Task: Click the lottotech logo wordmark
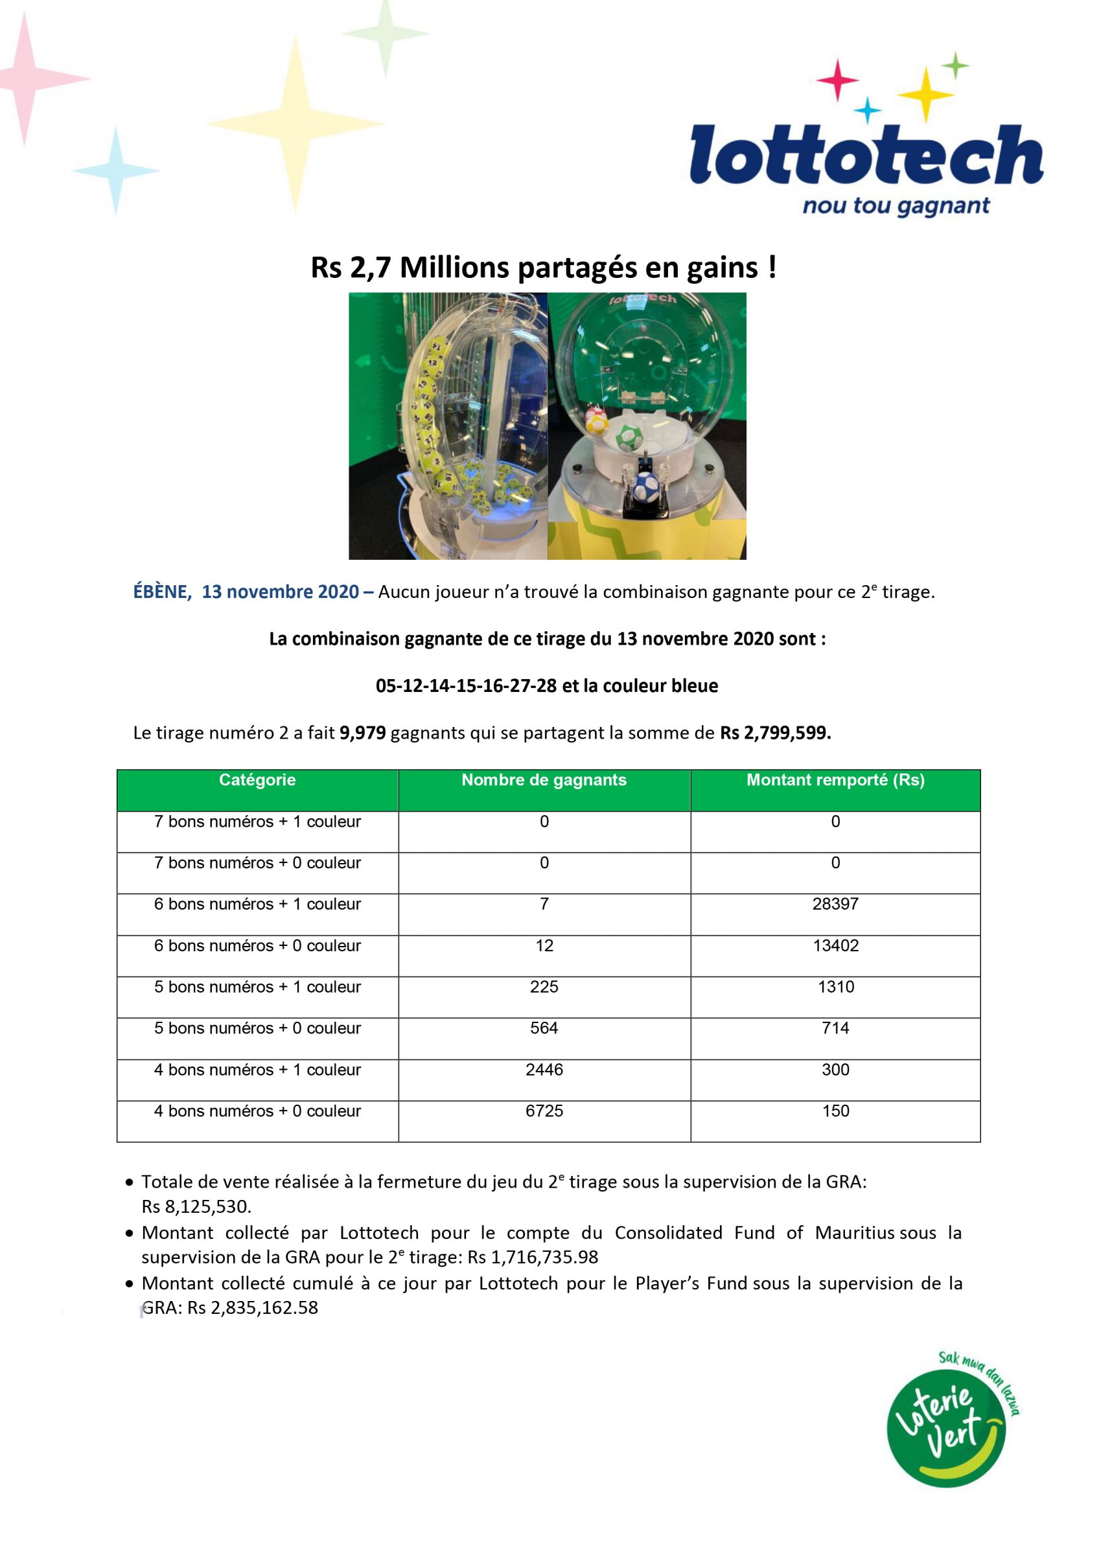click(866, 154)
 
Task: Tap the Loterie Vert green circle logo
click(946, 1429)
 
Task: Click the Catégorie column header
click(257, 780)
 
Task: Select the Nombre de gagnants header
click(544, 780)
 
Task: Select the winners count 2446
click(544, 1070)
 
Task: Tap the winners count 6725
click(544, 1111)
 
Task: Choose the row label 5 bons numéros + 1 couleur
click(257, 987)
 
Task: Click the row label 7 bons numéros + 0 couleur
click(257, 863)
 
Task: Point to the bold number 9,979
click(362, 733)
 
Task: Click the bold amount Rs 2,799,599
click(776, 733)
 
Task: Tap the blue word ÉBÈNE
click(161, 592)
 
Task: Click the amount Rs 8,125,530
click(196, 1207)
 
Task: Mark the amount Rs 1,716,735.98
click(533, 1258)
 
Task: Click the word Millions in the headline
click(454, 268)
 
